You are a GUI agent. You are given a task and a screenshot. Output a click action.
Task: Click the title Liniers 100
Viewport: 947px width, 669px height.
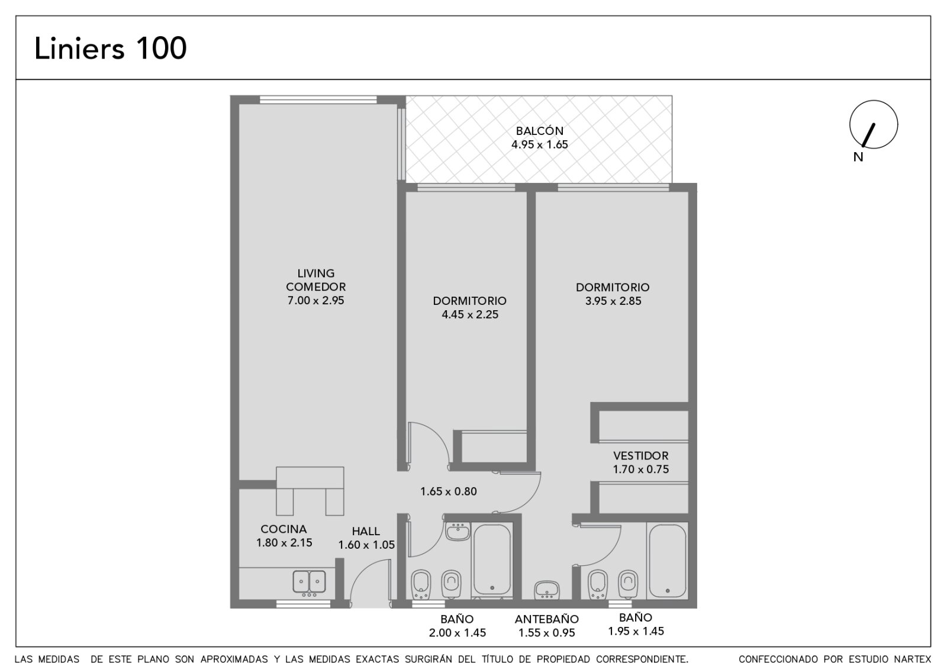click(x=110, y=48)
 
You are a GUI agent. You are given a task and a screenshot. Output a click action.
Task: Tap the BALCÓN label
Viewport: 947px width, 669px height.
click(x=539, y=131)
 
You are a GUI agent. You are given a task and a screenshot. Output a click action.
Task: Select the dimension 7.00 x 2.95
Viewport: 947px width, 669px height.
click(x=316, y=300)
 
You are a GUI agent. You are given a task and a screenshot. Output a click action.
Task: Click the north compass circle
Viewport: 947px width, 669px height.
click(x=874, y=124)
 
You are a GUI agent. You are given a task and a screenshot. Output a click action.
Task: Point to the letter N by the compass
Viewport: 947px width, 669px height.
click(x=858, y=157)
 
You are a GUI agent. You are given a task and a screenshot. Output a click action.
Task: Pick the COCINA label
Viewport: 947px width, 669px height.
click(x=284, y=529)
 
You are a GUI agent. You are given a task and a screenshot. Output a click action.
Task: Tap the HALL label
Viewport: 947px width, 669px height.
click(x=366, y=531)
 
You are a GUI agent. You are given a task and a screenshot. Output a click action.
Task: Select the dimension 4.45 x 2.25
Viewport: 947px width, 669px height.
click(x=470, y=314)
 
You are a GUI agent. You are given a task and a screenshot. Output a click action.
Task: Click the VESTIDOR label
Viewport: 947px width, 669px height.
click(x=641, y=455)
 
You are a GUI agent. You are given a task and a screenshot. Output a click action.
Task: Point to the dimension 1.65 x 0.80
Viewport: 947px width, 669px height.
click(x=449, y=491)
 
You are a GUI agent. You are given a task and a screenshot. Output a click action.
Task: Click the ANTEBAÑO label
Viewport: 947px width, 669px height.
click(x=547, y=619)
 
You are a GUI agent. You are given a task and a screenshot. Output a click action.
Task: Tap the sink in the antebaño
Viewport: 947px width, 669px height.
click(x=547, y=590)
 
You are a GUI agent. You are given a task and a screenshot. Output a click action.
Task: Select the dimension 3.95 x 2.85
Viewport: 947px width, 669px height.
click(x=613, y=301)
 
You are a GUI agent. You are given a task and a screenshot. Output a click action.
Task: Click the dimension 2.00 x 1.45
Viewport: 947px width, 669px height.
click(x=458, y=633)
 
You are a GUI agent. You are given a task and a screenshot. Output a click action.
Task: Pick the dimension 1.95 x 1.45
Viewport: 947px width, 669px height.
click(x=636, y=631)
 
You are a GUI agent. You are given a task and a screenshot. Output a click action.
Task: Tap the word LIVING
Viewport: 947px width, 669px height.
click(x=316, y=273)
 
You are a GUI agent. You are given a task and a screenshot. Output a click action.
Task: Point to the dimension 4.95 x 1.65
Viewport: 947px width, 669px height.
click(x=539, y=144)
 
